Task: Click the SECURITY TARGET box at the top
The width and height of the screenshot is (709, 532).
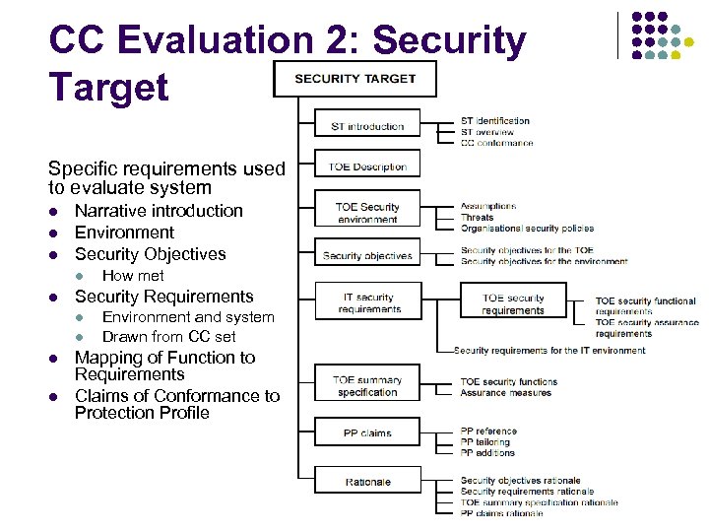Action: coord(354,78)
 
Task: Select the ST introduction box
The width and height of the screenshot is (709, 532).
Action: coord(367,126)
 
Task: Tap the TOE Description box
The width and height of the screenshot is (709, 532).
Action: coord(367,166)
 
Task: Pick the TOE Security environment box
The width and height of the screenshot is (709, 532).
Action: coord(367,213)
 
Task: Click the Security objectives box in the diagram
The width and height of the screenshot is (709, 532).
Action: coord(367,255)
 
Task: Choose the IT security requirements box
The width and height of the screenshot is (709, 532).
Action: coord(367,302)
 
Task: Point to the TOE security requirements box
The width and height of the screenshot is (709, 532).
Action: coord(513,303)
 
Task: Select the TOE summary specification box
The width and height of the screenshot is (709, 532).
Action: coord(367,385)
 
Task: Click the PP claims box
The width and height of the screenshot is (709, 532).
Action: coord(367,432)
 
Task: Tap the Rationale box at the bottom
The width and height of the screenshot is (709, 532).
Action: coord(367,481)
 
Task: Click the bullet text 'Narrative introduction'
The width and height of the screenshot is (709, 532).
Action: coord(159,211)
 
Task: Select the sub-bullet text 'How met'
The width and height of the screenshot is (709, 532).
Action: coord(133,276)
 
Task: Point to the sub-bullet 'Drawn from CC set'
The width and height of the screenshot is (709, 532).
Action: coord(169,337)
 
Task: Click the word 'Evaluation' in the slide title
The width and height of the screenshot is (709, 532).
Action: coord(233,40)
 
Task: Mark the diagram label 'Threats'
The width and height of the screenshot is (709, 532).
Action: coord(478,217)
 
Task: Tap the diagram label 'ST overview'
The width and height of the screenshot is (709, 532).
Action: coord(487,132)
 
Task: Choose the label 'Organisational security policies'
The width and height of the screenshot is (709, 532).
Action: coord(527,228)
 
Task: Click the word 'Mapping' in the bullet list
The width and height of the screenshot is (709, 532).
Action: coord(107,358)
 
